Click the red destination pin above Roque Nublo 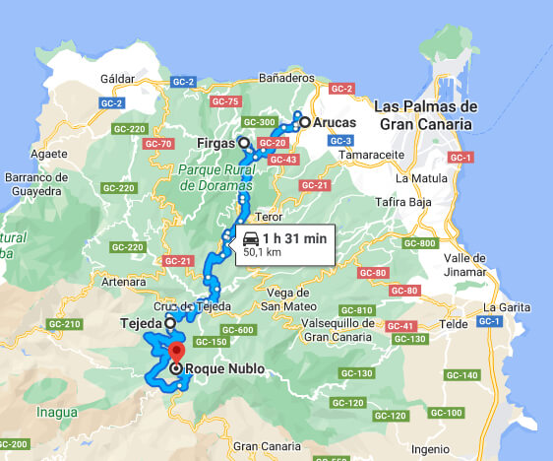(x=176, y=353)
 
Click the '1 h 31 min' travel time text (x=294, y=237)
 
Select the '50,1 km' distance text (x=263, y=252)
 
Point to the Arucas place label (x=334, y=122)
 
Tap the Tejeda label (x=140, y=322)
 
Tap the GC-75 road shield (x=225, y=101)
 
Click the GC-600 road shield (x=238, y=329)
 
